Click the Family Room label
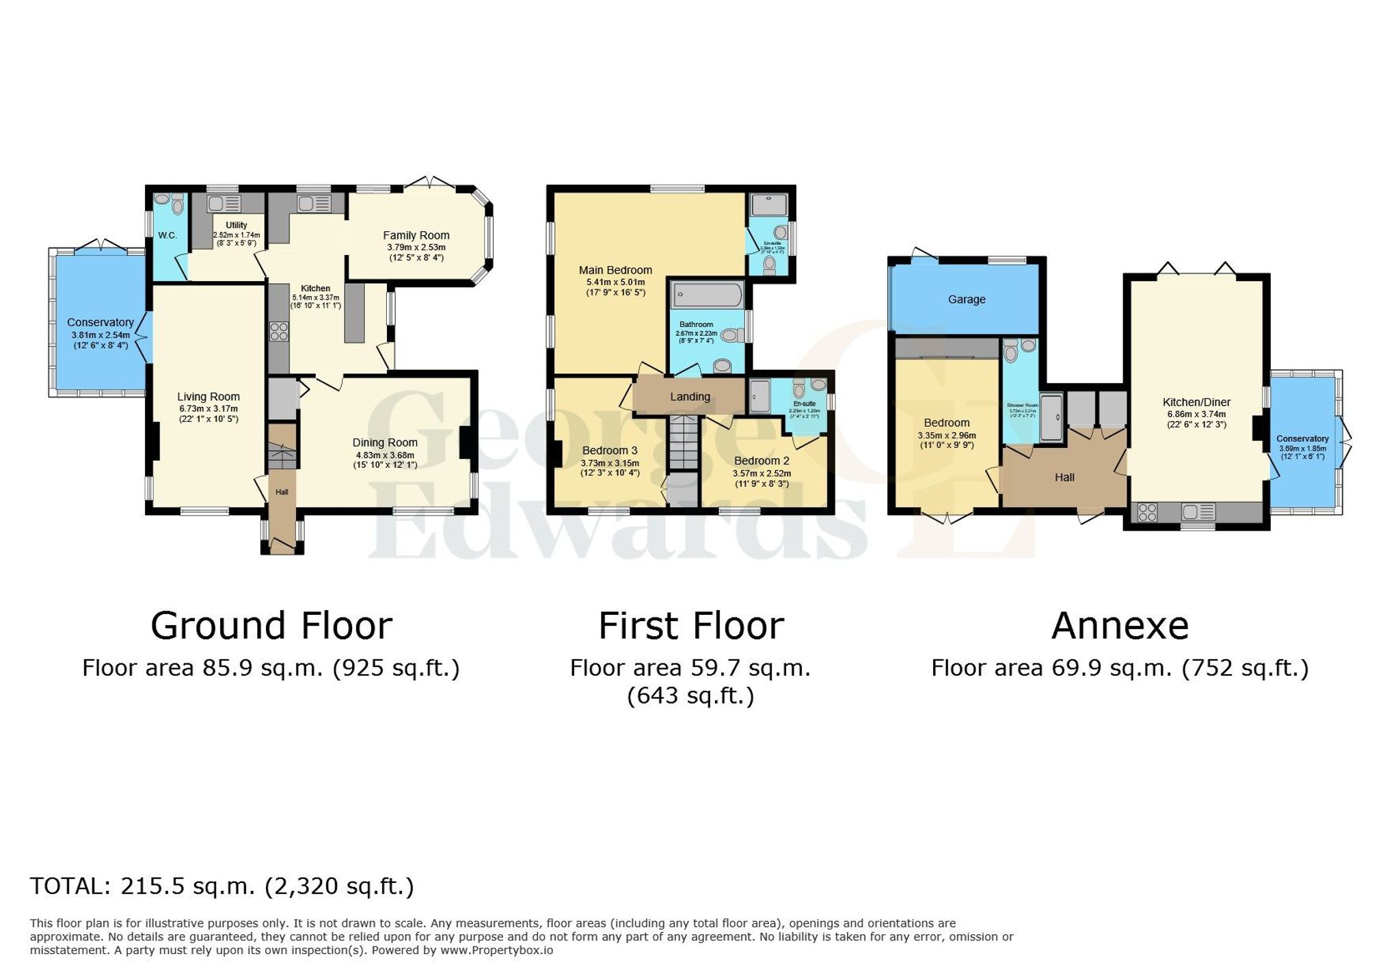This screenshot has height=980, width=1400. point(416,235)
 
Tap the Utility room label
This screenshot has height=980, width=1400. point(237,225)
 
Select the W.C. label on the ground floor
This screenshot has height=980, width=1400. point(167,235)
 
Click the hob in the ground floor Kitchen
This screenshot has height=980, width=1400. point(279,332)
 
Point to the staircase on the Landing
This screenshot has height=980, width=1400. point(683,442)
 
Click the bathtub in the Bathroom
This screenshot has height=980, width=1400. point(708,295)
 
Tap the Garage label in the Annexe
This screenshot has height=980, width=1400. point(966,300)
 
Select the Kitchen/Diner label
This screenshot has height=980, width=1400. point(1196,402)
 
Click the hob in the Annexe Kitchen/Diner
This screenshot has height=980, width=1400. point(1148,512)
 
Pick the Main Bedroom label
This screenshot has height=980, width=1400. point(615,270)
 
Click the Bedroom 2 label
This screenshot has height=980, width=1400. point(762,461)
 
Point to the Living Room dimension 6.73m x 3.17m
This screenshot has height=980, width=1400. point(208,408)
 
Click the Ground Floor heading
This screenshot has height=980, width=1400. point(271,626)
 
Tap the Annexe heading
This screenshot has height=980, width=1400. point(1120,626)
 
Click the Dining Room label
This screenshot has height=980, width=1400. point(385,442)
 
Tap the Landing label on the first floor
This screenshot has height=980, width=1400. point(690,397)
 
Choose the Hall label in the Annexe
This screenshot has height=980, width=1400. point(1064,477)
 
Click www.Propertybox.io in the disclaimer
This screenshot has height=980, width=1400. point(496,950)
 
